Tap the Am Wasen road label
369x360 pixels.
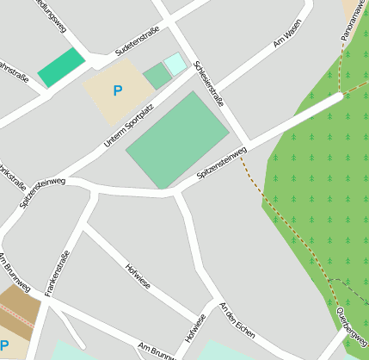(x=286, y=37)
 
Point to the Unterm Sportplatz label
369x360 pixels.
(x=133, y=120)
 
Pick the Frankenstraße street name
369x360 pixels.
(x=57, y=274)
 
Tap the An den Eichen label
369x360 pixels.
(x=238, y=320)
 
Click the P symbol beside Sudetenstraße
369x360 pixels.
(x=117, y=90)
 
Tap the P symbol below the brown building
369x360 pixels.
(x=4, y=345)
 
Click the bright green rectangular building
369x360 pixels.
(x=61, y=67)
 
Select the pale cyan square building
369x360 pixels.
(x=175, y=63)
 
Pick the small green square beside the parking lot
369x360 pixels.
(x=157, y=76)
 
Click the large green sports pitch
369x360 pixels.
(x=177, y=140)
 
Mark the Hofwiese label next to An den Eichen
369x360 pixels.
(x=196, y=328)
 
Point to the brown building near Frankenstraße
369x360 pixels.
(x=19, y=307)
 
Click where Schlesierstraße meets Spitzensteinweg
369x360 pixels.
(x=249, y=144)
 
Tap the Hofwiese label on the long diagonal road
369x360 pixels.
(x=138, y=277)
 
